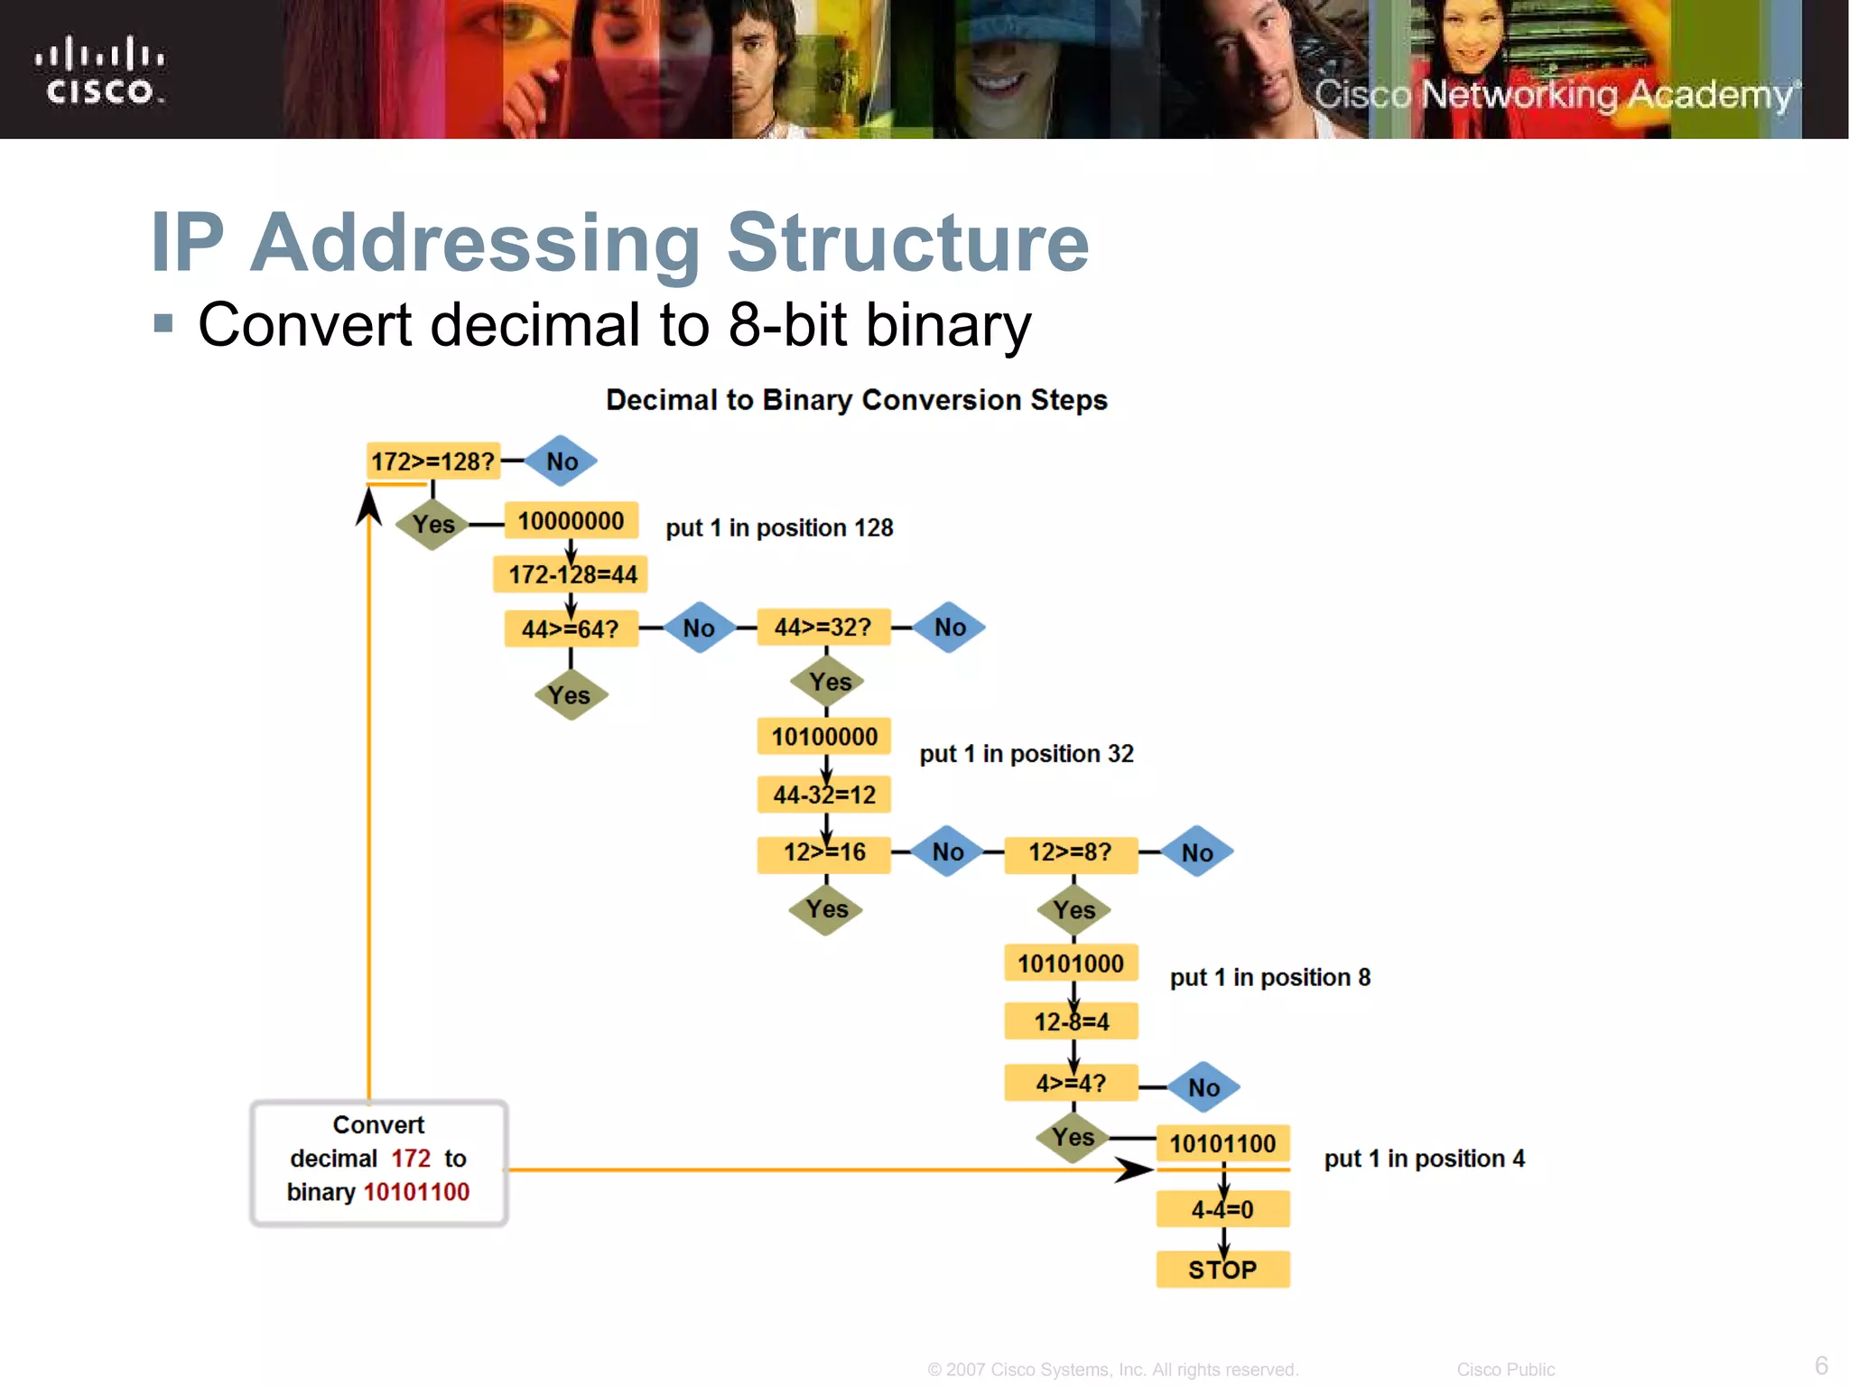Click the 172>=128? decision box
[x=432, y=461]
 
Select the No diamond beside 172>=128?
[x=561, y=461]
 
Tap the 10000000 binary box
[x=571, y=521]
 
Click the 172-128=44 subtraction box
[x=571, y=574]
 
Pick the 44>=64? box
[x=571, y=628]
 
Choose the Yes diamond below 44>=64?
[x=570, y=695]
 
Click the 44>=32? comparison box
[x=823, y=628]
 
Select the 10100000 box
[x=824, y=737]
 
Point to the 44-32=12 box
[x=824, y=795]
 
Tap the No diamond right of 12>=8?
[x=1197, y=852]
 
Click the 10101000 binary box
[x=1071, y=963]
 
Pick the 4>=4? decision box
[x=1071, y=1083]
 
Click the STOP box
[x=1222, y=1270]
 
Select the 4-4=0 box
[x=1222, y=1209]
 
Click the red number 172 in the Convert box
[x=411, y=1159]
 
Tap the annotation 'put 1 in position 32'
[x=1027, y=753]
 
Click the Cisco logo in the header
[x=100, y=70]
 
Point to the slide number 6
[x=1821, y=1364]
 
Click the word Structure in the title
[x=908, y=242]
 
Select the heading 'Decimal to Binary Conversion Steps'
[x=856, y=400]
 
